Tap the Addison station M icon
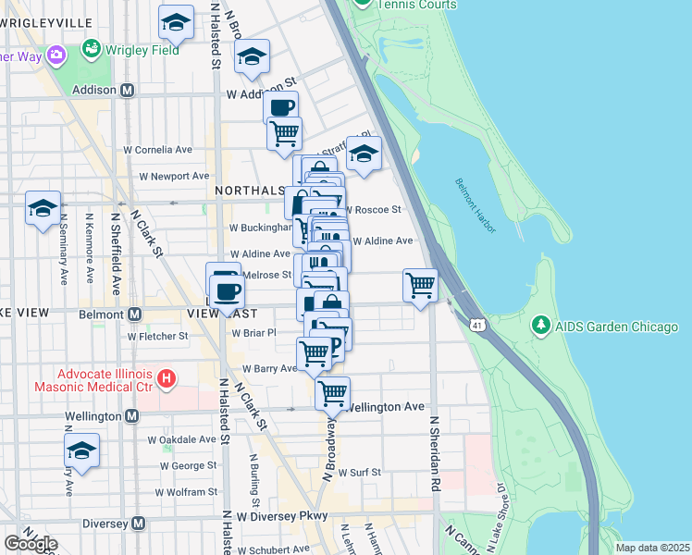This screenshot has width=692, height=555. click(128, 91)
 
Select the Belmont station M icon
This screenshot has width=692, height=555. click(135, 314)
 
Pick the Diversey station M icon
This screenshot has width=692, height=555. click(138, 524)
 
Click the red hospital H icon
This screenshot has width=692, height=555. click(167, 377)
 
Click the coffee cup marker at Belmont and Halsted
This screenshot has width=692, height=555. click(227, 293)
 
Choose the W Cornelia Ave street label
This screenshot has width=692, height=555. click(158, 149)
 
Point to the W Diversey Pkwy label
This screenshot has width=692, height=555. click(282, 516)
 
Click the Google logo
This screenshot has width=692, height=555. click(31, 544)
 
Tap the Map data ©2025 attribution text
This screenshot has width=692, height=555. click(652, 548)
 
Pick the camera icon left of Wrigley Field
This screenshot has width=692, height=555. click(57, 55)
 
